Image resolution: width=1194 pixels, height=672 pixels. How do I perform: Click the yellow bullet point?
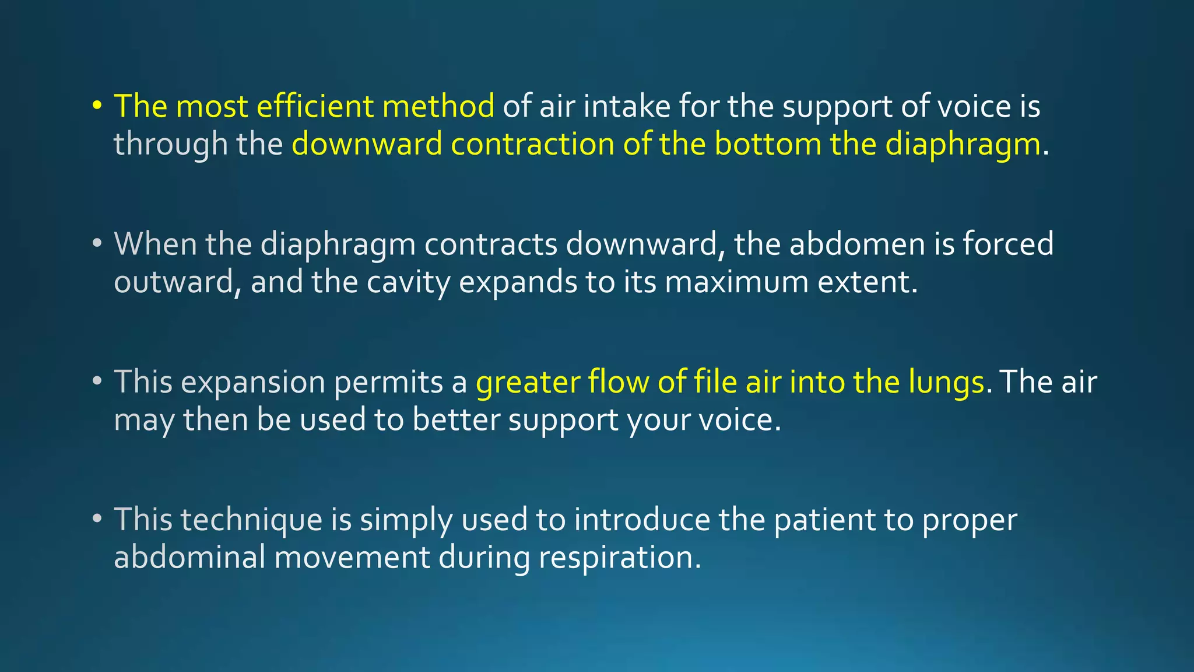(97, 107)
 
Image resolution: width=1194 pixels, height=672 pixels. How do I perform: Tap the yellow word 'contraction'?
(532, 144)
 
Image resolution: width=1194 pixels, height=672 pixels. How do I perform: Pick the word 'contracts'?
(491, 244)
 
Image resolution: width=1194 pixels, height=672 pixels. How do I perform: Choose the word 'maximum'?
(736, 282)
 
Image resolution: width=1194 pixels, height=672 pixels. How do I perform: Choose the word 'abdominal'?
(189, 557)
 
